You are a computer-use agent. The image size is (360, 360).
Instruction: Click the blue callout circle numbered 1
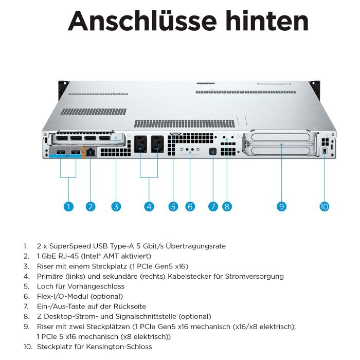tap(69, 207)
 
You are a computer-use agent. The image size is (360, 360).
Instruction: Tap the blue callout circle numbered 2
tap(91, 207)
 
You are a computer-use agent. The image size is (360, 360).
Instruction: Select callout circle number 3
tap(116, 207)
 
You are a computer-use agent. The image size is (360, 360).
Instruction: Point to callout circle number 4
tap(149, 207)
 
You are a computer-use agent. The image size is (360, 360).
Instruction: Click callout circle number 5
tap(173, 207)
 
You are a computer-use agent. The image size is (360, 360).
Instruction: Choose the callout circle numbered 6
tap(190, 207)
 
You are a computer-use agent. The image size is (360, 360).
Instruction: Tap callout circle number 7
tap(213, 207)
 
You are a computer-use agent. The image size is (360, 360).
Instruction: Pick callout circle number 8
tap(227, 207)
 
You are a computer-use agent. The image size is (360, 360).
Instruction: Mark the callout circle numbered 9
tap(281, 207)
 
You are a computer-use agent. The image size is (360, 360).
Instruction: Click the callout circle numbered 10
tap(324, 207)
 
